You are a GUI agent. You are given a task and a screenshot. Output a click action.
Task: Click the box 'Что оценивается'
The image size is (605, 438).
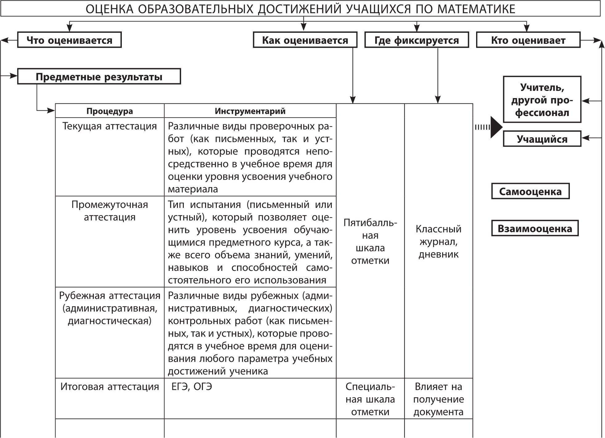pos(69,40)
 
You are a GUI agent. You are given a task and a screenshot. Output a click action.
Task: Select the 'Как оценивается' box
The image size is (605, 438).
pos(305,40)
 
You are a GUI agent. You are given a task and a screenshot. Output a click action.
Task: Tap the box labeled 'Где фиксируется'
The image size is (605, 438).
pos(417,40)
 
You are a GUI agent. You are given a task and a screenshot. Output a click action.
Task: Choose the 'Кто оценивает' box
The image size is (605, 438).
pos(528,40)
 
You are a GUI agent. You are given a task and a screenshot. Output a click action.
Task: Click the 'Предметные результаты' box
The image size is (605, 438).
pos(99,76)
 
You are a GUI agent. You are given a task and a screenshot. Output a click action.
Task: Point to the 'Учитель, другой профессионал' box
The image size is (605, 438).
pos(542,100)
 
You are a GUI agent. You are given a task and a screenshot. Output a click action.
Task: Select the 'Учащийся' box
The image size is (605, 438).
pos(542,139)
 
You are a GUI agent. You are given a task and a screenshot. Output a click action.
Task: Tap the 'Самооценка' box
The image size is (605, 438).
pos(530,192)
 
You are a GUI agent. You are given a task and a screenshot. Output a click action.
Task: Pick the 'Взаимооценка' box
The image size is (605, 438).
pos(535,229)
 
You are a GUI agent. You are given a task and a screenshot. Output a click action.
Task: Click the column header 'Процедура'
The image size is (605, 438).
pos(110,111)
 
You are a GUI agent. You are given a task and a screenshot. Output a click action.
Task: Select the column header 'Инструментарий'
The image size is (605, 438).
pos(250,111)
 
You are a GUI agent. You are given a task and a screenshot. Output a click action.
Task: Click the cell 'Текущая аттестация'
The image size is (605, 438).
pos(110,126)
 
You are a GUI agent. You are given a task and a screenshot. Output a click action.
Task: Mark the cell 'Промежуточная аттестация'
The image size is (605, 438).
pos(110,211)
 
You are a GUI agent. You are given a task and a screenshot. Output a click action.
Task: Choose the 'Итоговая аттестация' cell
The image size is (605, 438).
pos(110,387)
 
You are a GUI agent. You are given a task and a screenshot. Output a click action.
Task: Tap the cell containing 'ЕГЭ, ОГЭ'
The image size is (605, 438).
pos(192,387)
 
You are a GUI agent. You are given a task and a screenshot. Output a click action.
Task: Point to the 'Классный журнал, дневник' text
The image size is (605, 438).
pos(438,242)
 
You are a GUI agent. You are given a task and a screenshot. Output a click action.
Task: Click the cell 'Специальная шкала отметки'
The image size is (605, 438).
pos(370,399)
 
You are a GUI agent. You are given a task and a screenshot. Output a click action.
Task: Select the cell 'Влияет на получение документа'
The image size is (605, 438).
pos(438,399)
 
